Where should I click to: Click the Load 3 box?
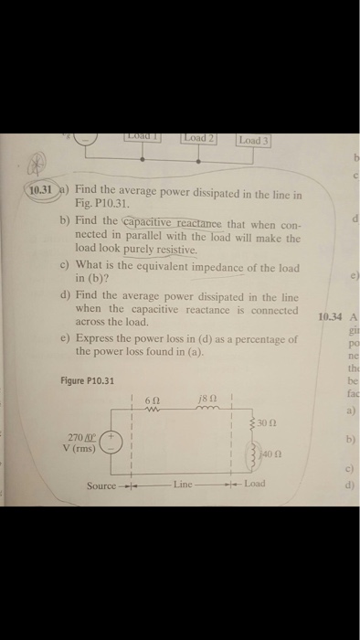point(251,141)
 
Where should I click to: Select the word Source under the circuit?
point(101,485)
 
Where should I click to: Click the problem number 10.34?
point(327,318)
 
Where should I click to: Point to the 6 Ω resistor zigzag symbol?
point(154,411)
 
